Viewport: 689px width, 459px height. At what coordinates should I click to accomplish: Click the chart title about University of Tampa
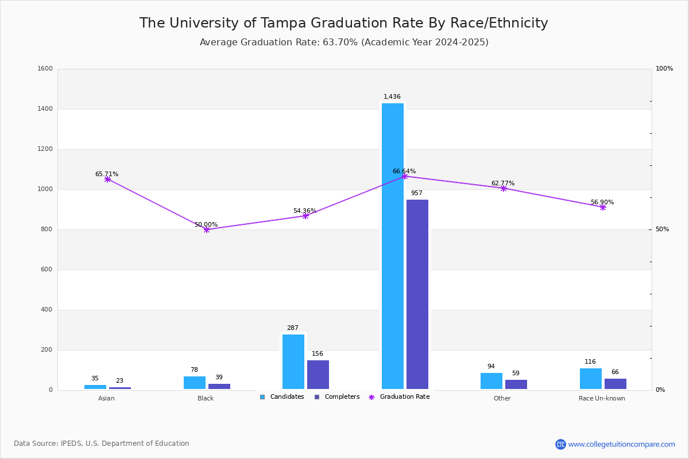coord(343,23)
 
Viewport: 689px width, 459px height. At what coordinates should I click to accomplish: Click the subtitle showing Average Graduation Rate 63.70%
coord(343,42)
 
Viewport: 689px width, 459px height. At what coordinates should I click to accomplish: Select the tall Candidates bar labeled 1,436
coord(393,246)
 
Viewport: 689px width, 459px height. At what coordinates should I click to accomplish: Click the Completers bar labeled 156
coord(318,375)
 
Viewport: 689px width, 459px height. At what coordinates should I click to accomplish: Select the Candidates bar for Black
coord(195,383)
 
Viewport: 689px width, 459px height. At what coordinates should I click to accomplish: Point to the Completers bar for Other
coord(516,384)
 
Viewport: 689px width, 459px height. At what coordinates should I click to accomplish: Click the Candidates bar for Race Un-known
coord(591,379)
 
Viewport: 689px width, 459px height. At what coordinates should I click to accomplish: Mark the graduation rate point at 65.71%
coord(107,179)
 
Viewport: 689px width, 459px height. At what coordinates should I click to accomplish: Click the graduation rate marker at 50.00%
coord(207,229)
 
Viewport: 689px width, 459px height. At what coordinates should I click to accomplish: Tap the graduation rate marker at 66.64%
coord(405,176)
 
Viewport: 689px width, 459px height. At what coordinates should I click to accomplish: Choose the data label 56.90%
coord(602,203)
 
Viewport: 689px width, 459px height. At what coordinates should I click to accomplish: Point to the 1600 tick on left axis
coord(45,69)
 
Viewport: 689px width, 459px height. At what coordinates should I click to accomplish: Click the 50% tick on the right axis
coord(662,229)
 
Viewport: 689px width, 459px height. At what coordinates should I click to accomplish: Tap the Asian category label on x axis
coord(106,398)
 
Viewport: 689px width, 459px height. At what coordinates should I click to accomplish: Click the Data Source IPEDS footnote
coord(102,444)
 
